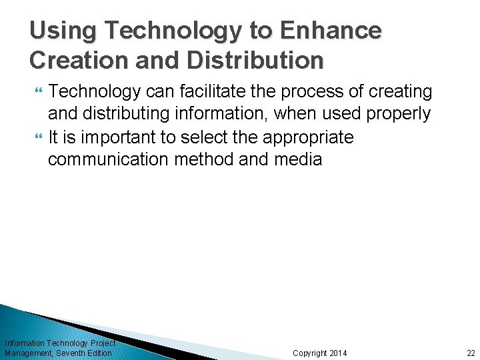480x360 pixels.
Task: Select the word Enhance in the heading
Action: (331, 31)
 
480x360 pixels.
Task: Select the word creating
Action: (399, 91)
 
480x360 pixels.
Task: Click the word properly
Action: (398, 114)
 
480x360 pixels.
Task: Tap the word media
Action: (297, 160)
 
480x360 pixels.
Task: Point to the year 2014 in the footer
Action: (339, 353)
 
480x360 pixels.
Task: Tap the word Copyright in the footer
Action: (310, 353)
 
